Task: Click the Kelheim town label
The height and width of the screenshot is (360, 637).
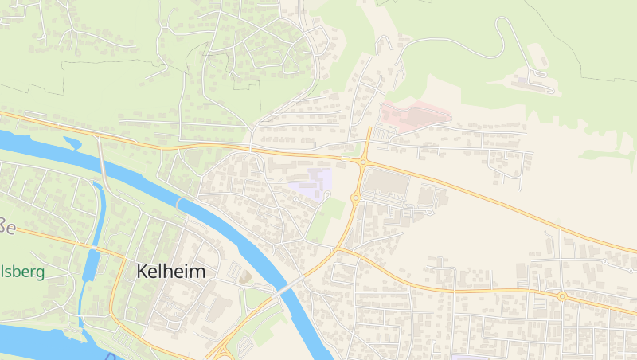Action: (x=170, y=272)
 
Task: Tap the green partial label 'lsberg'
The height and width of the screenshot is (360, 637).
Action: (x=22, y=272)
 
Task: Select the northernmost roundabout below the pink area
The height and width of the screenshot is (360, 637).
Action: (x=362, y=162)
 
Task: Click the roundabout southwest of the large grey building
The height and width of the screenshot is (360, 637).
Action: (x=355, y=198)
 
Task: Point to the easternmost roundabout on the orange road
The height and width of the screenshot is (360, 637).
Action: (x=562, y=296)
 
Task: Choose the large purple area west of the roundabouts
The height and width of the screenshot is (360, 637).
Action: (x=311, y=184)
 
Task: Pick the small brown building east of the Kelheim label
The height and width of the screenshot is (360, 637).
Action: (x=244, y=276)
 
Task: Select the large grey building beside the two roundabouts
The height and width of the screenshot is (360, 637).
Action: (x=387, y=185)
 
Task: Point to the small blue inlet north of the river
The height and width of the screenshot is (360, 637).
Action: (x=72, y=143)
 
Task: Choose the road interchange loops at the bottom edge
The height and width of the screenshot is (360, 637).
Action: (x=223, y=350)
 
